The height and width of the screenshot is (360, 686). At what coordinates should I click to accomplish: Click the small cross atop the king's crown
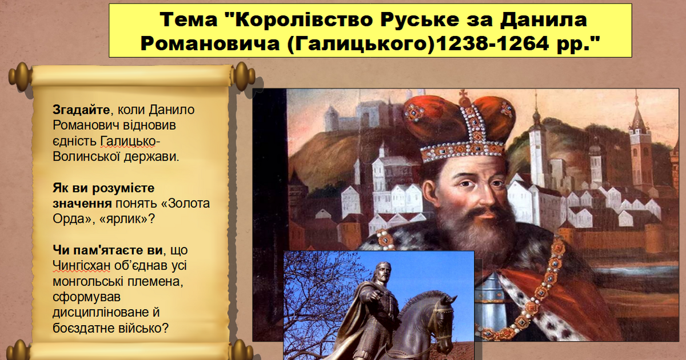463,93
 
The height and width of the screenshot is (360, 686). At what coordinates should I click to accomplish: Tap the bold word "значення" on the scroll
82,203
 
